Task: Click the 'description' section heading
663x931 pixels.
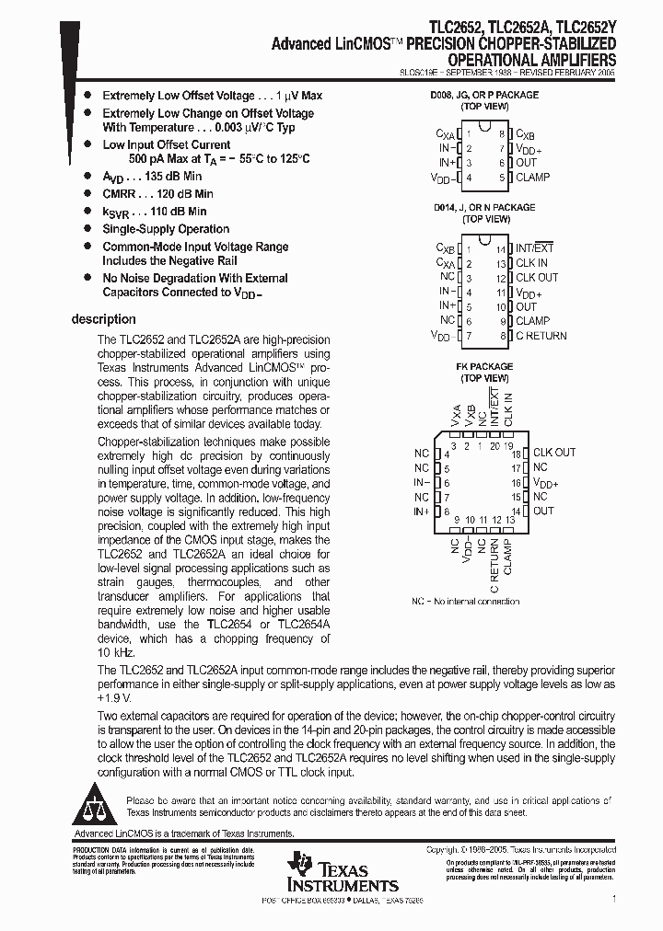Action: pos(103,319)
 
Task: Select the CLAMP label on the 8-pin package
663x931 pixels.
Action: pos(532,178)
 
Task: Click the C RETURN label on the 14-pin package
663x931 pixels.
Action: pos(541,336)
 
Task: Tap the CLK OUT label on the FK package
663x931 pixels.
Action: pos(554,453)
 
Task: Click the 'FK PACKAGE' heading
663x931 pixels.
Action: pos(484,366)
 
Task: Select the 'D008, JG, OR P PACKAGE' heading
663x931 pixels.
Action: pos(484,95)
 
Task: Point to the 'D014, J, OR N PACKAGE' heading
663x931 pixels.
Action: pos(484,208)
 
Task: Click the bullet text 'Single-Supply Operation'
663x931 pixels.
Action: pos(166,229)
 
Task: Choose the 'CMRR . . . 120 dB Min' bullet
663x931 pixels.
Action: pos(157,194)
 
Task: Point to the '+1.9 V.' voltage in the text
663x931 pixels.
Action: pos(115,697)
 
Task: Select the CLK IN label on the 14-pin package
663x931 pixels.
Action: pos(531,263)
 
